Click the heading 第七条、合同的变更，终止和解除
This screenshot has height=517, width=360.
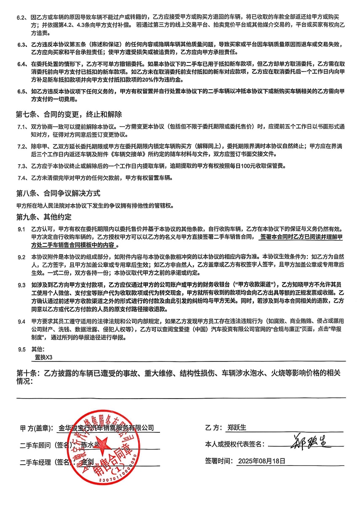coord(69,115)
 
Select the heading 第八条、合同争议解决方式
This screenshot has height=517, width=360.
coord(58,193)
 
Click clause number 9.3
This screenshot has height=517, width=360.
coord(21,285)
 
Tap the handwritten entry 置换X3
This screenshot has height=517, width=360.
coord(44,357)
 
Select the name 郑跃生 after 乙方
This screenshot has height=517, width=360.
coord(236,427)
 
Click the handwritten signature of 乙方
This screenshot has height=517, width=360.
coord(310,443)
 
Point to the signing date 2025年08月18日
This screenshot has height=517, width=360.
coord(261,461)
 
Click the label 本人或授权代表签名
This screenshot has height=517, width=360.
coord(235,444)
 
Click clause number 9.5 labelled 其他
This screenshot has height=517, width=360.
coord(21,349)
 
